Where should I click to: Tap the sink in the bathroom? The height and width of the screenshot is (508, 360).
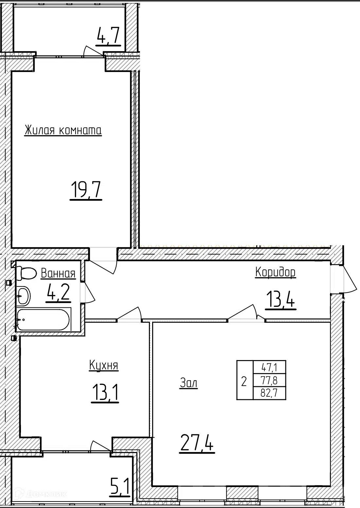(23, 296)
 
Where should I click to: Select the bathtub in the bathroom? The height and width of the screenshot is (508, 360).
(44, 319)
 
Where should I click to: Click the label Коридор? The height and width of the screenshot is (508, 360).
(275, 272)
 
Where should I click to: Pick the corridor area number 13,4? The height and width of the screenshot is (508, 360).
(281, 299)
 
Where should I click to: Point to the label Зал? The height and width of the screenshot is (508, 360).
(189, 383)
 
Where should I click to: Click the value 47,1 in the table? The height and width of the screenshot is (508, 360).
(269, 368)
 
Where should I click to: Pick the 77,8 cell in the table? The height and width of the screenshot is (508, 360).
(269, 380)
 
